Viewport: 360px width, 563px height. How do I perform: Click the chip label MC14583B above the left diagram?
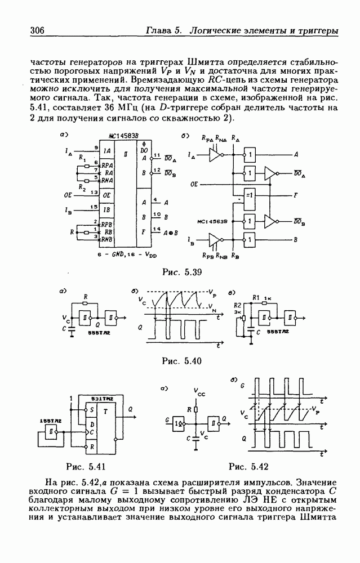click(123, 137)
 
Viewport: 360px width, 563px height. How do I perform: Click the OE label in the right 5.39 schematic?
click(194, 184)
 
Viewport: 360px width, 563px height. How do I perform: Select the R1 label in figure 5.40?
click(257, 297)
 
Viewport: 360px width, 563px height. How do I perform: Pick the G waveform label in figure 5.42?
click(242, 386)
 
